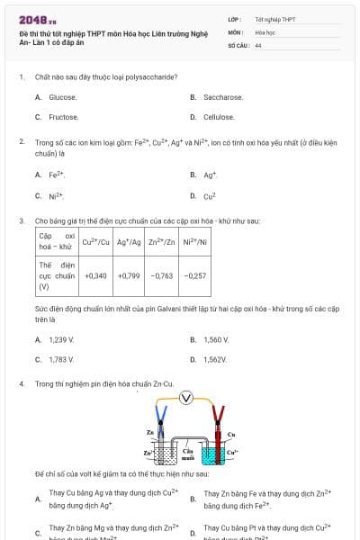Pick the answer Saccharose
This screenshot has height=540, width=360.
[222, 97]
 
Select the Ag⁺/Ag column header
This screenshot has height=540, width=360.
[130, 241]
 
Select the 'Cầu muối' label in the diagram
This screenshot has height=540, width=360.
[188, 454]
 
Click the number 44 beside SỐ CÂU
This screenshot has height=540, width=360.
[258, 45]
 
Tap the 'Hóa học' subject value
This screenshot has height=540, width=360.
[265, 31]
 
